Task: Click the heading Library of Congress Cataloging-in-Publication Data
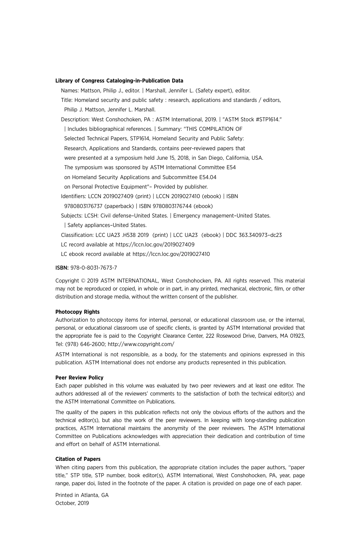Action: (119, 81)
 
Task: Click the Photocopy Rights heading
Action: (78, 312)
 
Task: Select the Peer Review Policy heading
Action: (79, 378)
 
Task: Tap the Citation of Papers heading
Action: (78, 459)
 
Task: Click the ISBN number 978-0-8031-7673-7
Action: (93, 268)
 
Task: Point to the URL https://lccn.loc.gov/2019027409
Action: (155, 244)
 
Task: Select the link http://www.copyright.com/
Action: (141, 344)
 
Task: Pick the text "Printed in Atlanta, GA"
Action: (82, 495)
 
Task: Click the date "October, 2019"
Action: (72, 503)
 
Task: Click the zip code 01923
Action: (297, 336)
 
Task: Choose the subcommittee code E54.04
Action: (207, 177)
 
